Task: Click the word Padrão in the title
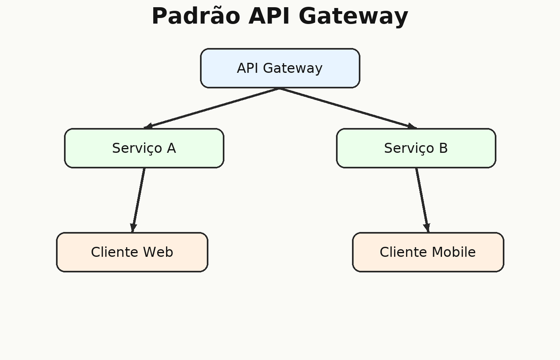(196, 16)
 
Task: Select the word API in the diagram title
(269, 16)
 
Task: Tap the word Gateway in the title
(354, 17)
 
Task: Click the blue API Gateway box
(280, 68)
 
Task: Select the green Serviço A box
(144, 148)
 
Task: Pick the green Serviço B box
(416, 148)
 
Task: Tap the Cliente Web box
(132, 252)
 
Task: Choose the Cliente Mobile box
(428, 252)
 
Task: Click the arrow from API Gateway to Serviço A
(212, 108)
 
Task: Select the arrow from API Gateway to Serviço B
(348, 108)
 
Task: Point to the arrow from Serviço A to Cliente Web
(138, 200)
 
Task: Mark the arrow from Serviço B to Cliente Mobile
(422, 200)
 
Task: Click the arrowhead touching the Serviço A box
(148, 126)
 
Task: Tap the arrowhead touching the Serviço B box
(412, 126)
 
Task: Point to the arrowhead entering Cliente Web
(133, 228)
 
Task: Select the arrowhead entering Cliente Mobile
(427, 228)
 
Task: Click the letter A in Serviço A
(172, 148)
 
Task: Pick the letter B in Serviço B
(443, 148)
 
